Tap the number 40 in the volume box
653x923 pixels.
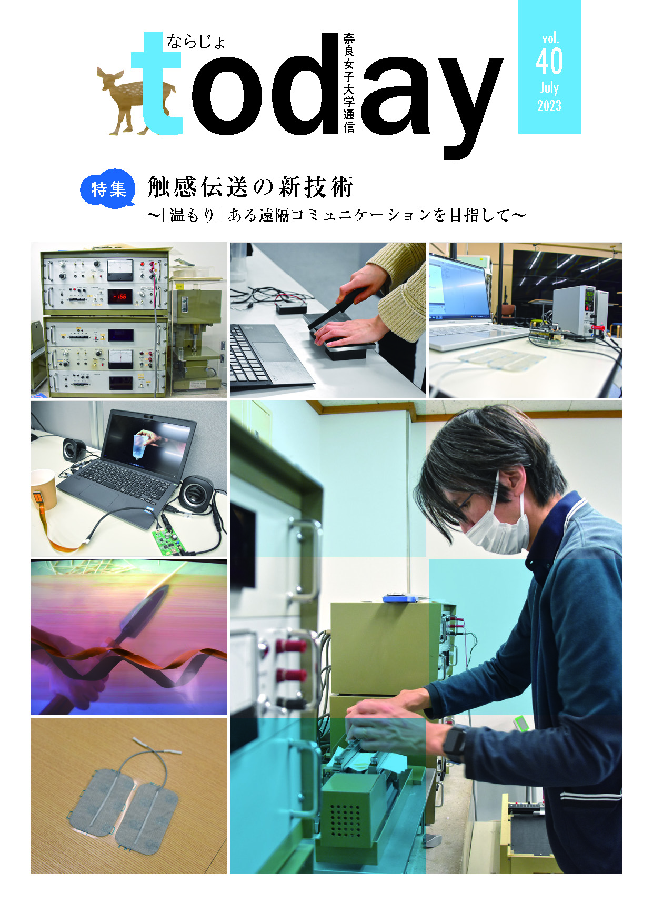(549, 62)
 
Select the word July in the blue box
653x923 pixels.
(549, 87)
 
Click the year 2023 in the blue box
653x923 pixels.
(549, 106)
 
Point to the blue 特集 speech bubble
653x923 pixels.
(108, 189)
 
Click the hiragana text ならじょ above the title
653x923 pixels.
(196, 41)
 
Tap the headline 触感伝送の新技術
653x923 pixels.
(250, 187)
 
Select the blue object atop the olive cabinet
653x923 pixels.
(399, 598)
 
